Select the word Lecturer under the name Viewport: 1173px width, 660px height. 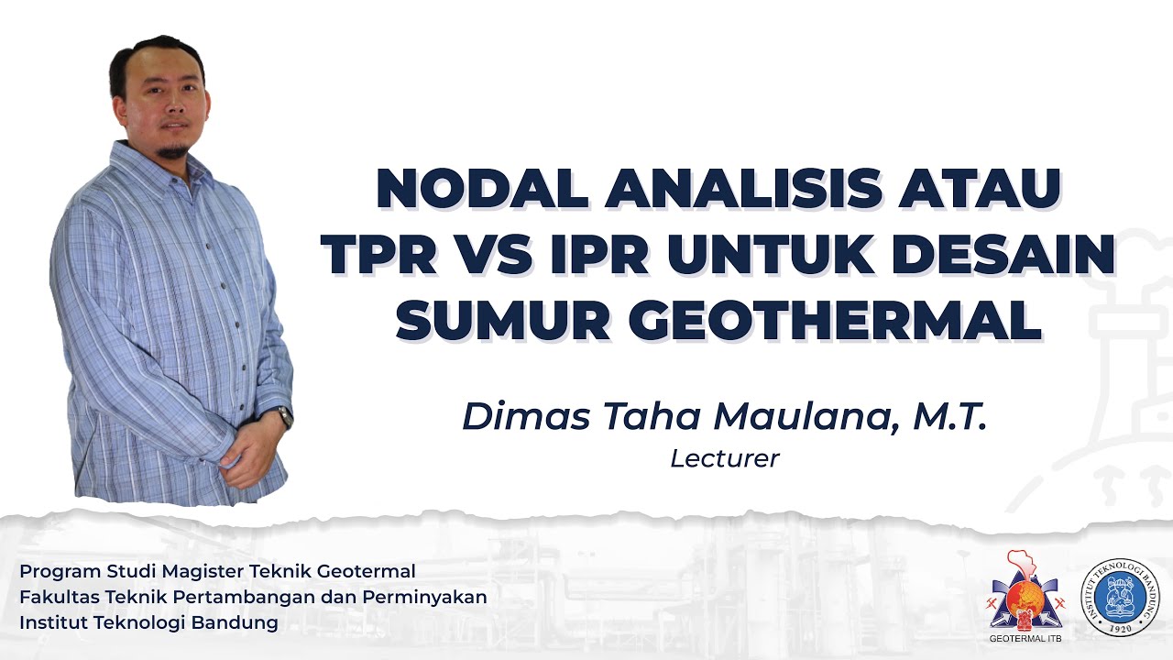coord(724,458)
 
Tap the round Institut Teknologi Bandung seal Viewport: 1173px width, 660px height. coord(1119,597)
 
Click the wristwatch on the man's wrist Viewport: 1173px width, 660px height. coord(285,417)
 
